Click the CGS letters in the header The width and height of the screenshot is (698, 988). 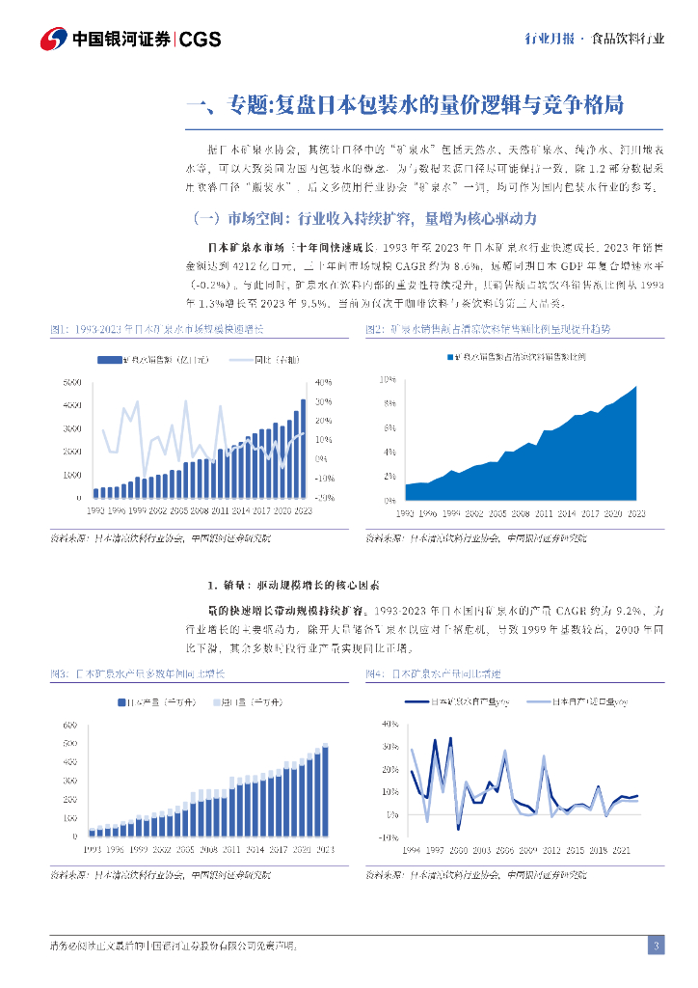[x=201, y=39]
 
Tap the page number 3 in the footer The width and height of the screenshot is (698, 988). [x=656, y=946]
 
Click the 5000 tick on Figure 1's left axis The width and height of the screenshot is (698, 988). [x=72, y=383]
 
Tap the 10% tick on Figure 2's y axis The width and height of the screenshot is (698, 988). [x=388, y=379]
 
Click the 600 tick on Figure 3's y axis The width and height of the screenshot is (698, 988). [x=69, y=725]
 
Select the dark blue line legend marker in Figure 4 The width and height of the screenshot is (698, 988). [x=416, y=703]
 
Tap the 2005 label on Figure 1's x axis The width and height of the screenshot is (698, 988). [x=177, y=508]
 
